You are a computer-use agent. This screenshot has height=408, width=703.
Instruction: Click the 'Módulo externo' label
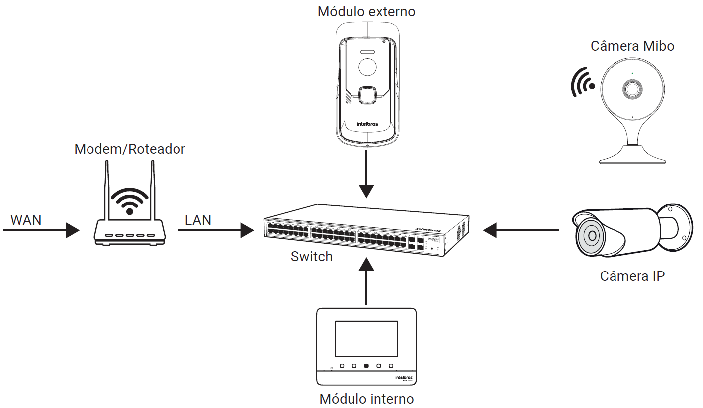point(366,11)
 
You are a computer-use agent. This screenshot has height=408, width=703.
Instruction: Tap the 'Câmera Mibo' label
point(632,46)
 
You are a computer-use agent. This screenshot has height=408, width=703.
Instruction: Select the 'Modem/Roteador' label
point(130,149)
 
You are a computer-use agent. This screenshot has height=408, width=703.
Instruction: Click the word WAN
point(26,220)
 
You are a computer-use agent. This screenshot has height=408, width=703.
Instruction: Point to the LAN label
point(198,220)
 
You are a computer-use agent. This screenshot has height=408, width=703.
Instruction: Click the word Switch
point(312,257)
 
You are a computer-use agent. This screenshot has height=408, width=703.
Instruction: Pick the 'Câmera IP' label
point(632,276)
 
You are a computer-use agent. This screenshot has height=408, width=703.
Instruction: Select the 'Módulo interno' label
point(366,399)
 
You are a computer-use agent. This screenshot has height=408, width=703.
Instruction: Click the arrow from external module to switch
point(366,174)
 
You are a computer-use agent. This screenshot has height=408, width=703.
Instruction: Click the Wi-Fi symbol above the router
point(130,201)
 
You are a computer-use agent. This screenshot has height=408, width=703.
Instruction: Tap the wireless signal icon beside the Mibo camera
point(582,82)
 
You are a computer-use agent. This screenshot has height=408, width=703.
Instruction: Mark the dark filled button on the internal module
point(366,366)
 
